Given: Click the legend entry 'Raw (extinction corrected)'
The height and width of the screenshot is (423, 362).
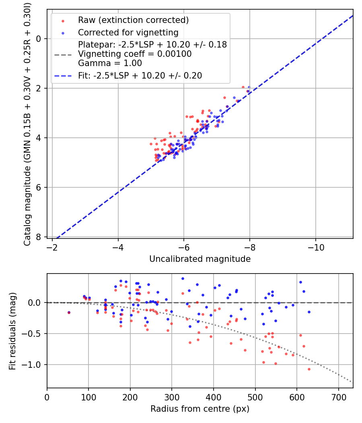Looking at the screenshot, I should tap(133, 20).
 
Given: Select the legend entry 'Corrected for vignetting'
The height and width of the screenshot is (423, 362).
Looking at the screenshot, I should tap(128, 33).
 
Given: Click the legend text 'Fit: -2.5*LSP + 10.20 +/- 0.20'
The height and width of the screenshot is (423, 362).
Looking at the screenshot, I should tap(140, 75).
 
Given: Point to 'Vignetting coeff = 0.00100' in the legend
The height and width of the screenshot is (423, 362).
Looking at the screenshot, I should tap(135, 54).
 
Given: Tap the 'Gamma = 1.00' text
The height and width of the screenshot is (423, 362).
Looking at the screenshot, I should tap(110, 63).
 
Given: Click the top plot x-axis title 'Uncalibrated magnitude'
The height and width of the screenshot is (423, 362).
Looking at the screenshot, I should tap(200, 259).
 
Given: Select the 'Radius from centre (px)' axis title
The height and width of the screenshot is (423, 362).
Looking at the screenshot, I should tap(200, 409).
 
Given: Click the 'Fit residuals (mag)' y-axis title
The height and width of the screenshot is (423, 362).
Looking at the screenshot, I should tap(13, 331).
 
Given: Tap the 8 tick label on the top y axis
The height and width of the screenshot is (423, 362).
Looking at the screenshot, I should tap(39, 237).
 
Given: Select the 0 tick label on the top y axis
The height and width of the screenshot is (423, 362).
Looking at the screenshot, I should tap(39, 39).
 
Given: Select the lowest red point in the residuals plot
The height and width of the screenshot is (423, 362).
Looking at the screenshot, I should tap(309, 369).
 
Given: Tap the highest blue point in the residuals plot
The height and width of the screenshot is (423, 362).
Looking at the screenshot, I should tap(183, 278).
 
